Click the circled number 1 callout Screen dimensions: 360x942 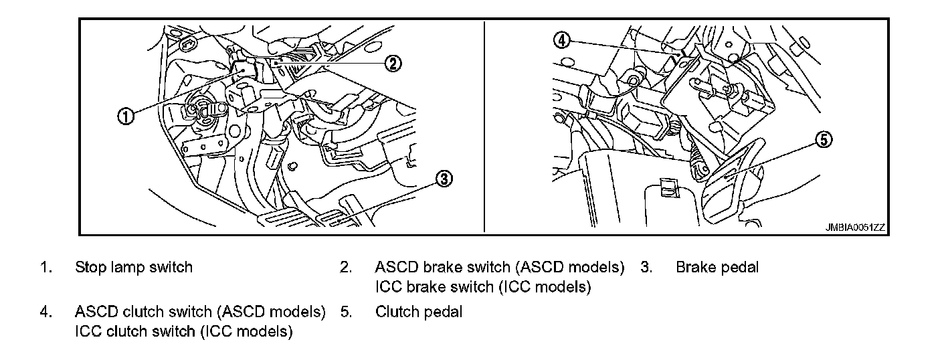pos(125,115)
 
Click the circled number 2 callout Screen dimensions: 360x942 pos(393,63)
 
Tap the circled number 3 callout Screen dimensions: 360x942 pos(444,178)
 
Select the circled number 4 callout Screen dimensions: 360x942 pos(562,40)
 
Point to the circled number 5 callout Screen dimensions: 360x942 pos(824,140)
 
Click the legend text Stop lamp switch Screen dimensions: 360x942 pos(134,268)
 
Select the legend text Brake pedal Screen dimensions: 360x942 pos(717,268)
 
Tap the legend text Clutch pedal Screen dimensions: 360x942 pos(419,312)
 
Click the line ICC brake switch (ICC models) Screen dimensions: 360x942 pos(483,288)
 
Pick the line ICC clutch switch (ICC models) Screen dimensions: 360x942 pos(184,332)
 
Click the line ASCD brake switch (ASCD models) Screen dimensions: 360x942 pos(500,268)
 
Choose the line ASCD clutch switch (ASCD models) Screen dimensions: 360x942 pos(200,312)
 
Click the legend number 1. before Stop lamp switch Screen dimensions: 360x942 pos(45,268)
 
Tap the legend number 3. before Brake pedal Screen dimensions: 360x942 pos(646,268)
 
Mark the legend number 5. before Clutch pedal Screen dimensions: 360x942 pos(345,312)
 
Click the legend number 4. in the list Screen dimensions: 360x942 pos(45,312)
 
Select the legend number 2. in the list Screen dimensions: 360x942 pos(345,268)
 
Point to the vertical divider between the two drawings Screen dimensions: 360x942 pos(484,127)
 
